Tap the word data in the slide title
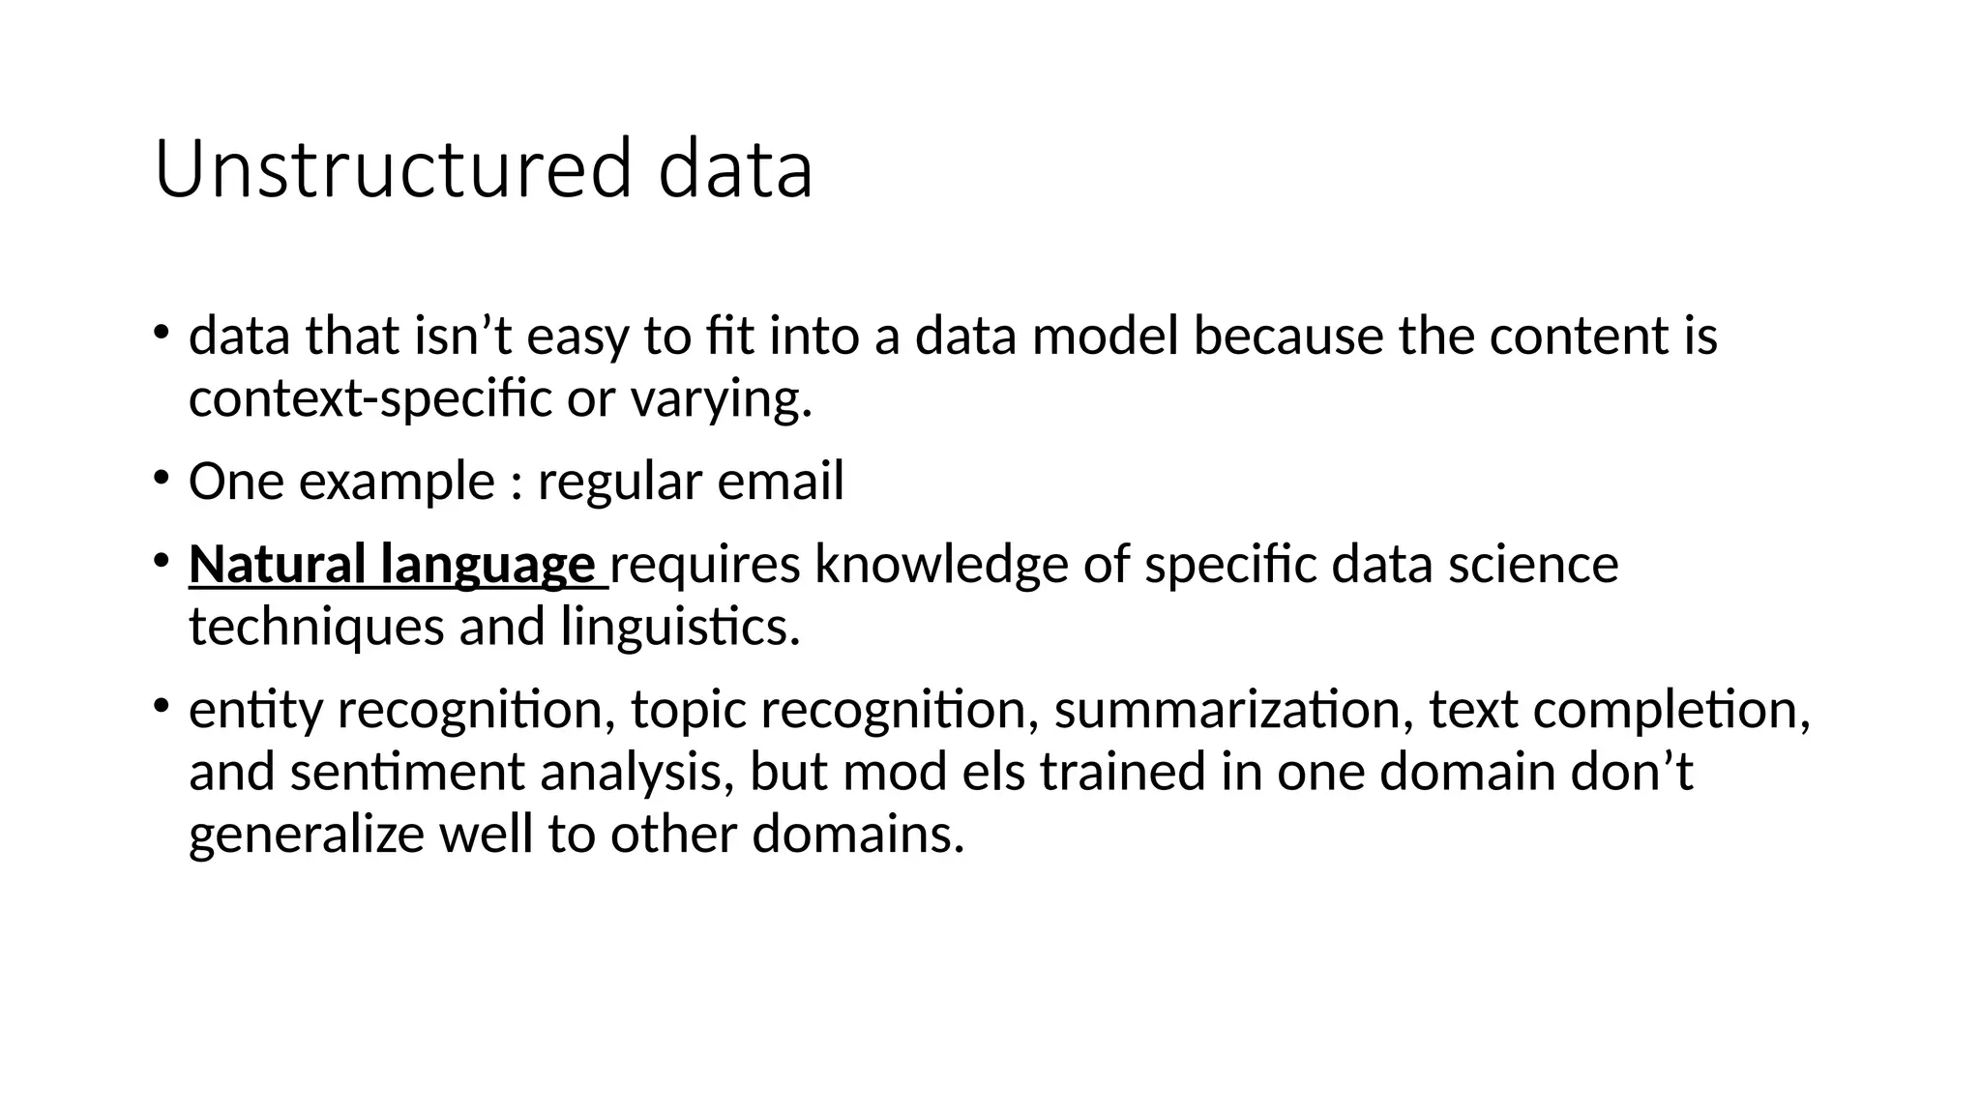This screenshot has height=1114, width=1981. pyautogui.click(x=735, y=170)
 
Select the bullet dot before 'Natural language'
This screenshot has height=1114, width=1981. pyautogui.click(x=161, y=559)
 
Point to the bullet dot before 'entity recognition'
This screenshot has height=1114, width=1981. pyautogui.click(x=161, y=704)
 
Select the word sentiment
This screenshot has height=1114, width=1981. pyautogui.click(x=406, y=772)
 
